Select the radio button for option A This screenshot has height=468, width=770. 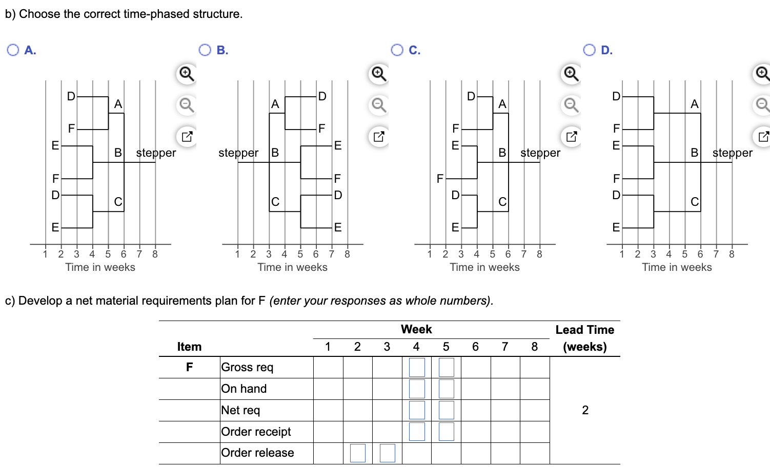(13, 50)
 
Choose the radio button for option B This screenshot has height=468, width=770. (205, 50)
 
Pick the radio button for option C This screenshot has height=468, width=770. (397, 50)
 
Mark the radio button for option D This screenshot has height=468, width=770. (589, 50)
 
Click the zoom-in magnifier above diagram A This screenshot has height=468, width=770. (187, 74)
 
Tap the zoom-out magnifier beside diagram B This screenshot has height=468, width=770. (379, 105)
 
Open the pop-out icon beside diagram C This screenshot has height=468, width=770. (571, 137)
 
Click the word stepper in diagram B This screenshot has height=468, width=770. (238, 153)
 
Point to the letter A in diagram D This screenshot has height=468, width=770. (694, 104)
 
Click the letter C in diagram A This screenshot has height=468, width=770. (118, 202)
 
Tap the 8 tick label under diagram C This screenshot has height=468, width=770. (539, 254)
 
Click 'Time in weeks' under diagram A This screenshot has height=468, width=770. (100, 267)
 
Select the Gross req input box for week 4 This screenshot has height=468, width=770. (417, 367)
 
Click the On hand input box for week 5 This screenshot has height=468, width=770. (446, 389)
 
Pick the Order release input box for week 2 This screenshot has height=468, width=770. (358, 453)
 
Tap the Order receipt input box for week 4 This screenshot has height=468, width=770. (417, 432)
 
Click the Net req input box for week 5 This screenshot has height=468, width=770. (446, 410)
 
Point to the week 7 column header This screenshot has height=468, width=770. (504, 347)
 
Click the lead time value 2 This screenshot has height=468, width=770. (585, 410)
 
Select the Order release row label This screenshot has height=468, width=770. (257, 453)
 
